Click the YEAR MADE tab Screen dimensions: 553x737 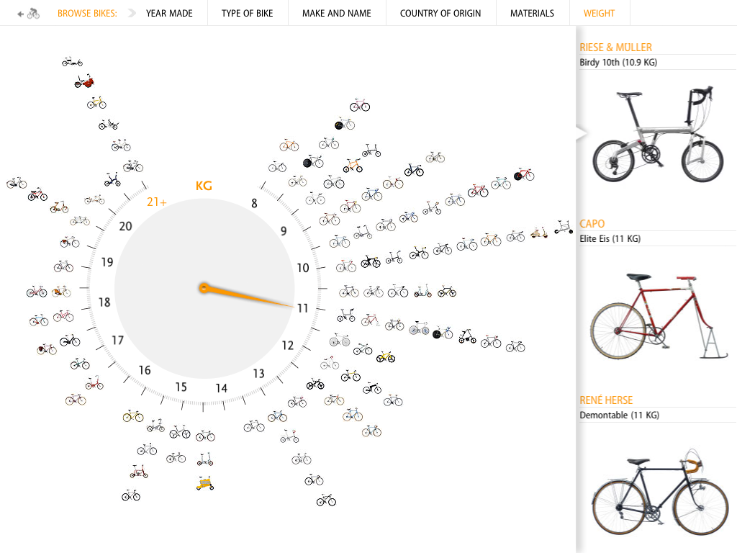pos(169,13)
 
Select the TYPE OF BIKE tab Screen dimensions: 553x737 pos(247,13)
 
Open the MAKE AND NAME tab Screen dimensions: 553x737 pos(336,13)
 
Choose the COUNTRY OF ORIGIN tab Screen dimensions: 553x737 pos(440,13)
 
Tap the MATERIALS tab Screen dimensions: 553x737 pos(532,13)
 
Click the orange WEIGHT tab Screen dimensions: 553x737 pos(599,13)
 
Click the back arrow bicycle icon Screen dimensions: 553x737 pos(29,13)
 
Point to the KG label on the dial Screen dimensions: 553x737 pos(204,186)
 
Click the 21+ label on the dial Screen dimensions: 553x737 pos(157,202)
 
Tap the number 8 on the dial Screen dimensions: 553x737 pos(254,204)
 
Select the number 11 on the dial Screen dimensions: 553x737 pos(302,308)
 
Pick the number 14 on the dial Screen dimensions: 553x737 pos(221,389)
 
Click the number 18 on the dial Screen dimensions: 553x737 pos(104,302)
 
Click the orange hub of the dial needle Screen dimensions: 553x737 pos(204,289)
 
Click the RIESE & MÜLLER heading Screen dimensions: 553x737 pos(615,48)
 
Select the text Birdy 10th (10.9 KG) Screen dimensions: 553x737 pos(618,63)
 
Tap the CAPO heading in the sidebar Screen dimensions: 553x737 pos(592,224)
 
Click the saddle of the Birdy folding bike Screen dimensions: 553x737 pos(629,94)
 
